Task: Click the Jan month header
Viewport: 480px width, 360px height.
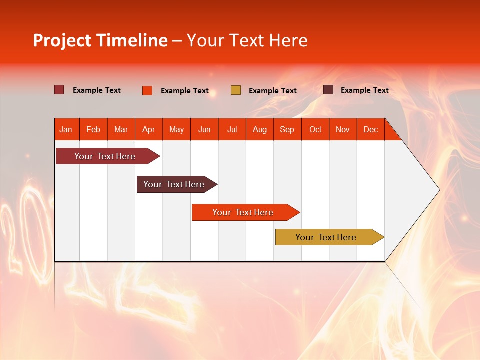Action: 66,129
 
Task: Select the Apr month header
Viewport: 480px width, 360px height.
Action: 148,129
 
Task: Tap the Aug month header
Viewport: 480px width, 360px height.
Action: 259,129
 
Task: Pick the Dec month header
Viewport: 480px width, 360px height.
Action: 370,129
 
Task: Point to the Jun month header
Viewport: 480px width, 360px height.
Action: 204,129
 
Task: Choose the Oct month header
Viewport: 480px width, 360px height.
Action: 315,129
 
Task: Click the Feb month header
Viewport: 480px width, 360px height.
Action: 93,129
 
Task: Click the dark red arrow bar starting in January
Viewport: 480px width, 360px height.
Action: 105,156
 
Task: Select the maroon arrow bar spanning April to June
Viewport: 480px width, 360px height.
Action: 174,184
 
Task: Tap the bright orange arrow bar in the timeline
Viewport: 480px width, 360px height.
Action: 243,212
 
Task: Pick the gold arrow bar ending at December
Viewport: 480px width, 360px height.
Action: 326,237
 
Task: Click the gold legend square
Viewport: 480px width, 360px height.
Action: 236,90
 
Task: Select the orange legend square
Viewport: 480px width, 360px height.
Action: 147,90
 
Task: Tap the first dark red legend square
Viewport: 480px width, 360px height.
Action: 59,90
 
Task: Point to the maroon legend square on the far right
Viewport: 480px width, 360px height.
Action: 328,90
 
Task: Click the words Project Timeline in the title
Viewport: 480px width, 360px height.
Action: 100,40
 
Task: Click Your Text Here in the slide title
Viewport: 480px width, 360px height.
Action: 247,40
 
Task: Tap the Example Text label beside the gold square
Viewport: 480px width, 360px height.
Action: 272,91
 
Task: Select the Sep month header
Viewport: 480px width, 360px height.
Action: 287,129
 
